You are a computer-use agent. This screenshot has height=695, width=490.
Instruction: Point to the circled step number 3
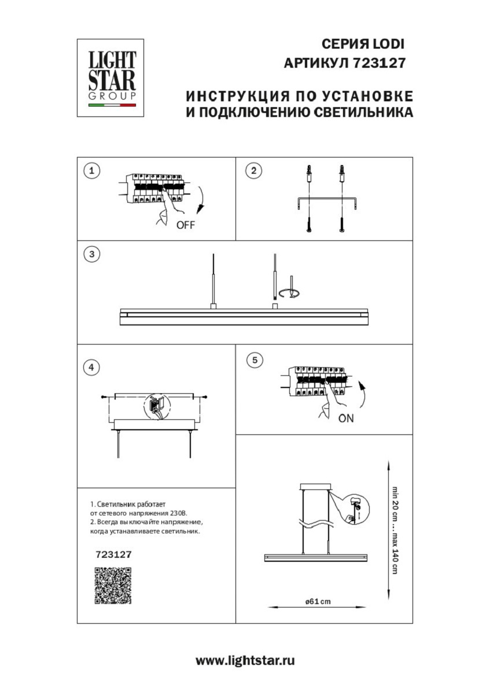coord(91,254)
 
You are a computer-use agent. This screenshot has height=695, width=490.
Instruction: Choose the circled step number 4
coord(91,367)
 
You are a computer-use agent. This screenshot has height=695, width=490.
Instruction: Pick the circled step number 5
coord(253,360)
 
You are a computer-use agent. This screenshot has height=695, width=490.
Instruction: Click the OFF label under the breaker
coord(186,226)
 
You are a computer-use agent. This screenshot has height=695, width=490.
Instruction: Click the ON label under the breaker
coord(346,418)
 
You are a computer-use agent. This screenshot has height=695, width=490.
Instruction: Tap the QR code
coord(113,586)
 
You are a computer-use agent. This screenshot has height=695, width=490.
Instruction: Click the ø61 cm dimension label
coord(318,601)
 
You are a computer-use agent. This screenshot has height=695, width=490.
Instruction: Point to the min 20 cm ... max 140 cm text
coord(395,529)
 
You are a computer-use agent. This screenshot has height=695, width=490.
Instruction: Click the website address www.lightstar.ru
coord(245,660)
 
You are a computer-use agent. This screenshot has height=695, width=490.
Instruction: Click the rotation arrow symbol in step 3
coord(288,292)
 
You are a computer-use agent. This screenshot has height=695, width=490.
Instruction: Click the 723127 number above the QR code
coord(113,554)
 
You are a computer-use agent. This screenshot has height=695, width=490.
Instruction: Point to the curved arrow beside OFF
coord(201,200)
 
